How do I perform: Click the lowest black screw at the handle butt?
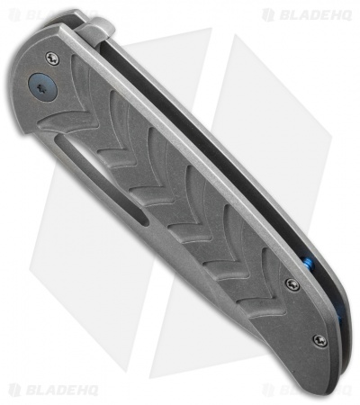[x=317, y=339]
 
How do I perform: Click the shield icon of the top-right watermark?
[x=268, y=14]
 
